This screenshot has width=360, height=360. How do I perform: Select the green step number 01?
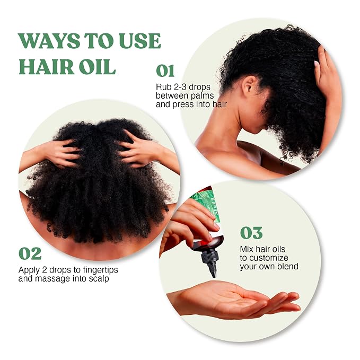point(165,71)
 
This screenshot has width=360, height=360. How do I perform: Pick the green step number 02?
point(30,253)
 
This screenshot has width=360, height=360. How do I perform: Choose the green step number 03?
point(251,233)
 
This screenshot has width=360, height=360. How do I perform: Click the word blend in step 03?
point(288,266)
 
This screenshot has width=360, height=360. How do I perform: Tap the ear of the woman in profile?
point(249,86)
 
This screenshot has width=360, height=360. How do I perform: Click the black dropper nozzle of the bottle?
point(209,264)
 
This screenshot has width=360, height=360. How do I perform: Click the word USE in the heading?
point(139,41)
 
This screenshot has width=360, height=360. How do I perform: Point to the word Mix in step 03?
point(247,249)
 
